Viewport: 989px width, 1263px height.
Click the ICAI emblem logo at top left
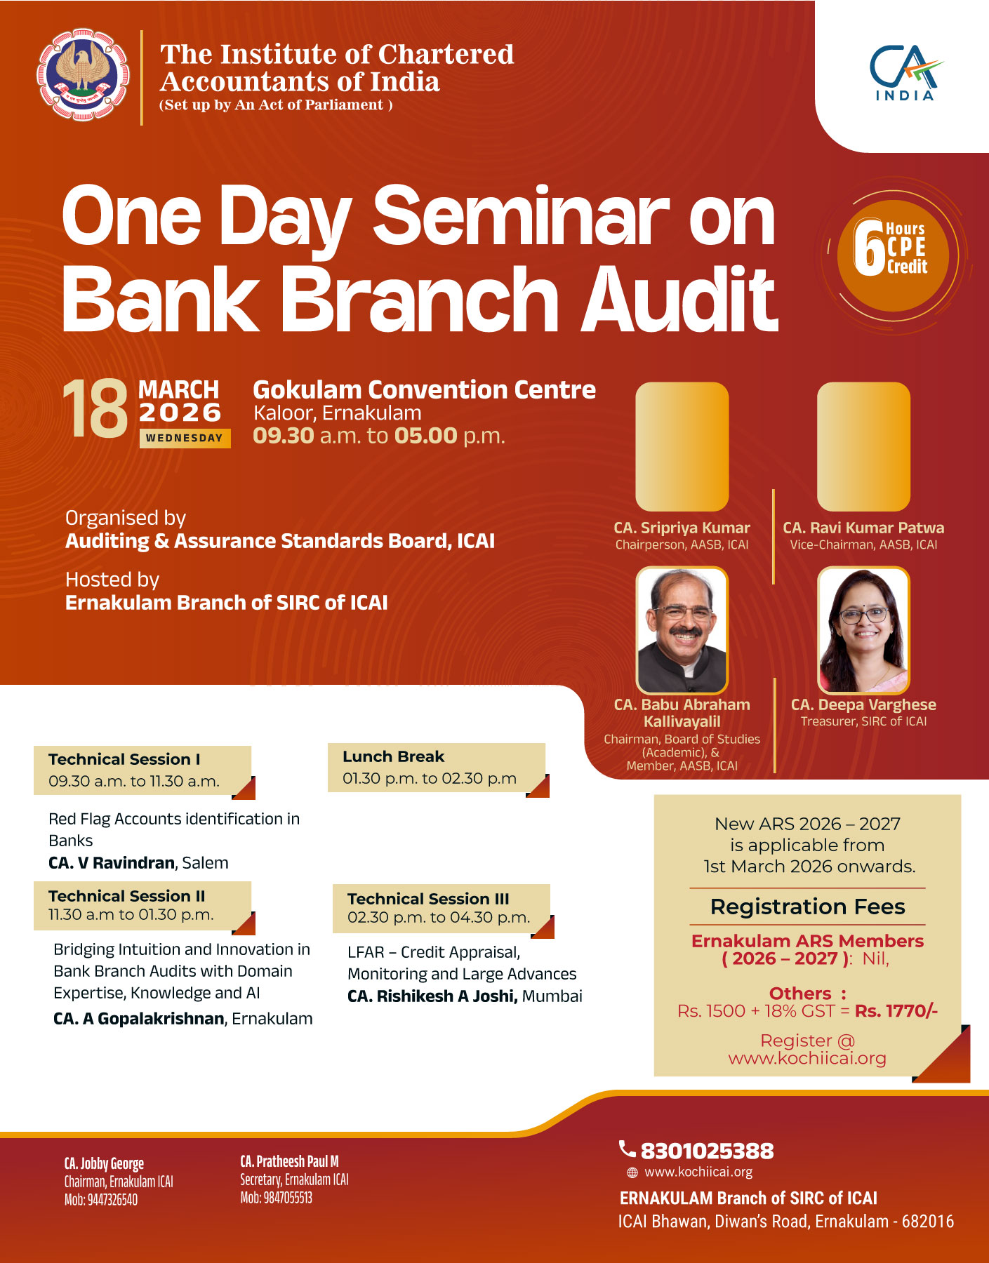[83, 75]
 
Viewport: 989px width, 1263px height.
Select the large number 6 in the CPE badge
[869, 248]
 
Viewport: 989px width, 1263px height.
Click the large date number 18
[95, 409]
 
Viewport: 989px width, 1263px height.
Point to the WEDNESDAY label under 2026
[185, 438]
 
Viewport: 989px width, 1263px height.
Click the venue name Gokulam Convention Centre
[424, 389]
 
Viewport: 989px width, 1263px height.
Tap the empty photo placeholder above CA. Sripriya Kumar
[682, 446]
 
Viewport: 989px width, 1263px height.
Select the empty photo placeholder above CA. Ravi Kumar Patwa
[863, 446]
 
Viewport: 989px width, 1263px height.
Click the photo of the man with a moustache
[682, 630]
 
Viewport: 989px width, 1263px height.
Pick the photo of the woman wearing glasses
[863, 630]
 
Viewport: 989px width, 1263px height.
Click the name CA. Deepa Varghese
[863, 704]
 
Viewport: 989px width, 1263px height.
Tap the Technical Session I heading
[124, 759]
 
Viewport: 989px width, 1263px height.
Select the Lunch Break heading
[393, 756]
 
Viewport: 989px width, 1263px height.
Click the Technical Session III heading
[428, 899]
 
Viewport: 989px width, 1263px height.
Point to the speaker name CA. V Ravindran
[112, 862]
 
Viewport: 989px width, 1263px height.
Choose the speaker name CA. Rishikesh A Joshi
[432, 996]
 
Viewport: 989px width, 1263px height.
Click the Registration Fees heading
[807, 907]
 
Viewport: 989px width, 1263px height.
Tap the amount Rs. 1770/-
[896, 1010]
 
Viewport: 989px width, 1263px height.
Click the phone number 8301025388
[707, 1151]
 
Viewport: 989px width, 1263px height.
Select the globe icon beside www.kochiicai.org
[632, 1172]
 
